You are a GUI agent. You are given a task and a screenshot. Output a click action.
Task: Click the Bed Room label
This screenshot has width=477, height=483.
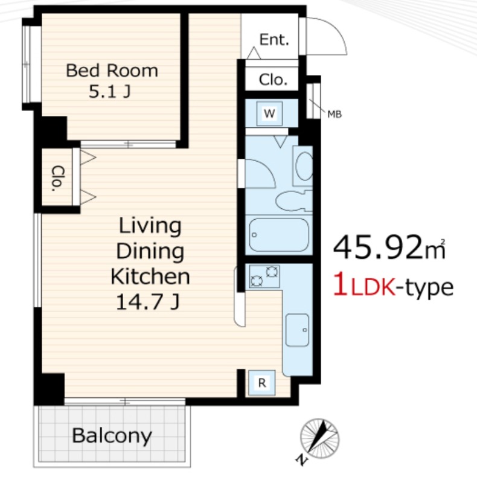click(112, 71)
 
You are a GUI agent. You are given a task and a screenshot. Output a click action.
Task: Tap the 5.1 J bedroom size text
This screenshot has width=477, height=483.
click(110, 92)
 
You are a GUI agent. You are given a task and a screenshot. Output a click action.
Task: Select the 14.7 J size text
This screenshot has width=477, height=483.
click(147, 302)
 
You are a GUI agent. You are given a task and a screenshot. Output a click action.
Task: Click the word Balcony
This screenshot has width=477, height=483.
click(112, 436)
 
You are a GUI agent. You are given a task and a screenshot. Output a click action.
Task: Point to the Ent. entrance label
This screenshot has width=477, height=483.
click(274, 39)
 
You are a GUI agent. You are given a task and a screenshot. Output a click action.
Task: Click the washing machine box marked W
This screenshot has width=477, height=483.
click(269, 114)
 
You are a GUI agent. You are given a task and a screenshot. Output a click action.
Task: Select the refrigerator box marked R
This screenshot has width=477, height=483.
click(262, 383)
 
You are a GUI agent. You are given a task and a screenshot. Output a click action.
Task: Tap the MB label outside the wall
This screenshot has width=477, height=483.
click(335, 115)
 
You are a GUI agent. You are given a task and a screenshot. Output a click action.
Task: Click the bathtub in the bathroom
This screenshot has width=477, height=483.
click(278, 235)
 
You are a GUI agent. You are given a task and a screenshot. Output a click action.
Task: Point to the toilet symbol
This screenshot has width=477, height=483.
click(293, 201)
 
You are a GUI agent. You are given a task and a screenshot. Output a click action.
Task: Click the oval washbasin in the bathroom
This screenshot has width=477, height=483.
click(304, 165)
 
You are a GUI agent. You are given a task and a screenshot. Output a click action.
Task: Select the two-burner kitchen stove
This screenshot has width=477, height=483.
click(264, 277)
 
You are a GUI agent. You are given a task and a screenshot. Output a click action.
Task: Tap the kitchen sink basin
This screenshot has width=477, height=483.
click(297, 330)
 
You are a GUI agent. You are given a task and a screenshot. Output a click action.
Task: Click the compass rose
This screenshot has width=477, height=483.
click(319, 438)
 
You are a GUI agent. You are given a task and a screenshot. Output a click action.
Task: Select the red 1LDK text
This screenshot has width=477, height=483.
click(365, 287)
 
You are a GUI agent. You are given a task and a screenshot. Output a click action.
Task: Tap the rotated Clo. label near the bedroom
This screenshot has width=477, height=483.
click(57, 178)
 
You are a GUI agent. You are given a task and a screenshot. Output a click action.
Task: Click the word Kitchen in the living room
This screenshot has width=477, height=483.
click(150, 276)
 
